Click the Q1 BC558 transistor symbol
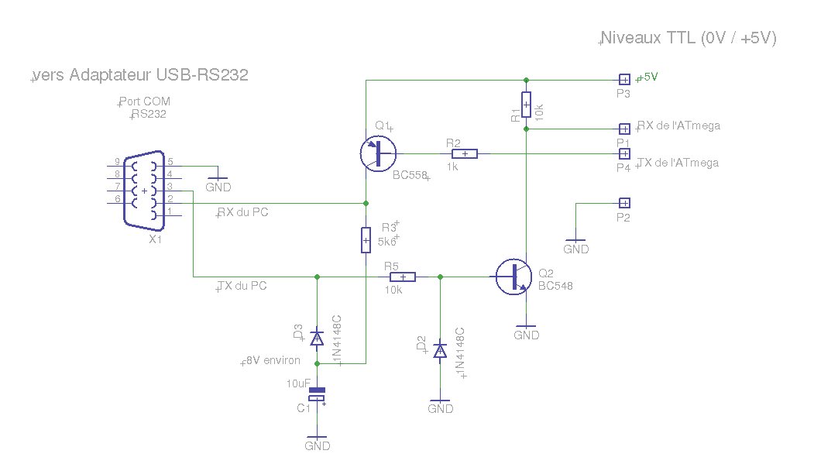378,153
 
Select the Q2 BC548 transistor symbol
514,277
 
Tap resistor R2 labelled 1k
465,153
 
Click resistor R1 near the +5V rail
526,105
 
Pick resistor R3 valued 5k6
366,240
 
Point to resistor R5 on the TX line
403,277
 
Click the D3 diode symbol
317,339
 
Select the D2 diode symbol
440,351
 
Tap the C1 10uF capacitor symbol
317,394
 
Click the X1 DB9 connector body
144,191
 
